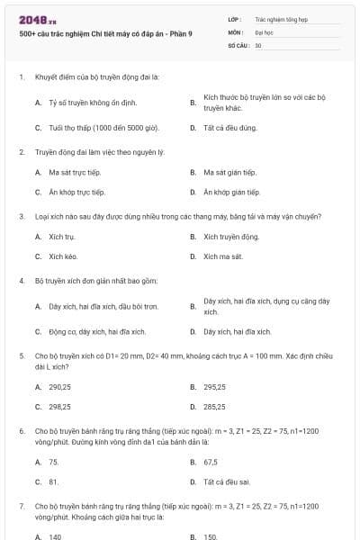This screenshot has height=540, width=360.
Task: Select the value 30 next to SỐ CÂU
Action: pyautogui.click(x=258, y=44)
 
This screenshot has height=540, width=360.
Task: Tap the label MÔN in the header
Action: pyautogui.click(x=235, y=31)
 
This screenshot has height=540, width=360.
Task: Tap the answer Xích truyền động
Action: pyautogui.click(x=231, y=237)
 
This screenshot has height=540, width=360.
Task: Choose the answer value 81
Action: pyautogui.click(x=54, y=481)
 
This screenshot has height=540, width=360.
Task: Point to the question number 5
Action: pyautogui.click(x=21, y=355)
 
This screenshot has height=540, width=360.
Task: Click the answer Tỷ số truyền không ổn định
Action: pyautogui.click(x=85, y=103)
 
